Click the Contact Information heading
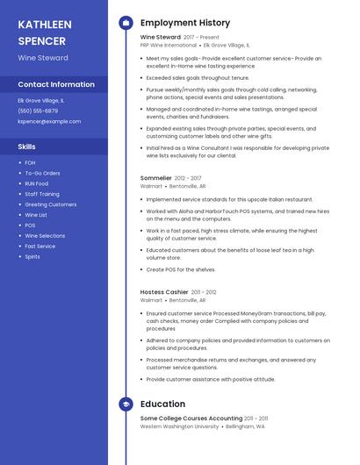coord(56,84)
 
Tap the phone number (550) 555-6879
coord(38,111)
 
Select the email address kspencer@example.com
coord(42,122)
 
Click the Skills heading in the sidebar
coord(26,147)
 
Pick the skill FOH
coord(30,162)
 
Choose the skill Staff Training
coord(42,194)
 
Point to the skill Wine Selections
coord(45,236)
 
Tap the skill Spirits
coord(32,257)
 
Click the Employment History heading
coord(185,23)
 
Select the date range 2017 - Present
coord(203,37)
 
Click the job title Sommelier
coord(155,177)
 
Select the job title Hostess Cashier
coord(164,291)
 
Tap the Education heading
coord(162,404)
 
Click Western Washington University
coord(179,426)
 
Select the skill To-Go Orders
coord(42,173)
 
